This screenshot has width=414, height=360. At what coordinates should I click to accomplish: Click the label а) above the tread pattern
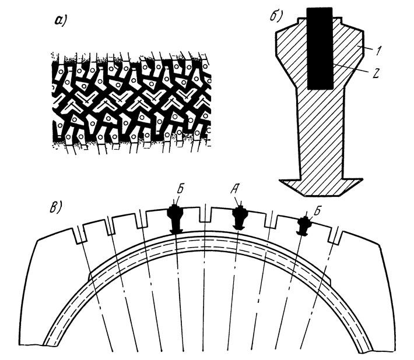pyautogui.click(x=59, y=21)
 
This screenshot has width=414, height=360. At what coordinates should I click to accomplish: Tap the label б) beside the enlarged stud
pyautogui.click(x=275, y=16)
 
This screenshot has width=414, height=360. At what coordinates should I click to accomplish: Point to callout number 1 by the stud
pyautogui.click(x=378, y=50)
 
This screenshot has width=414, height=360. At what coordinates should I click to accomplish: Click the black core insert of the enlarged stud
pyautogui.click(x=320, y=48)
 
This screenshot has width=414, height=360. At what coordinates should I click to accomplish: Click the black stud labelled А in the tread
pyautogui.click(x=239, y=217)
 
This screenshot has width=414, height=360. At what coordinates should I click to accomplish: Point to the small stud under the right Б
pyautogui.click(x=304, y=225)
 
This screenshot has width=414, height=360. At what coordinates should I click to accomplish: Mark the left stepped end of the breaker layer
pyautogui.click(x=89, y=277)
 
